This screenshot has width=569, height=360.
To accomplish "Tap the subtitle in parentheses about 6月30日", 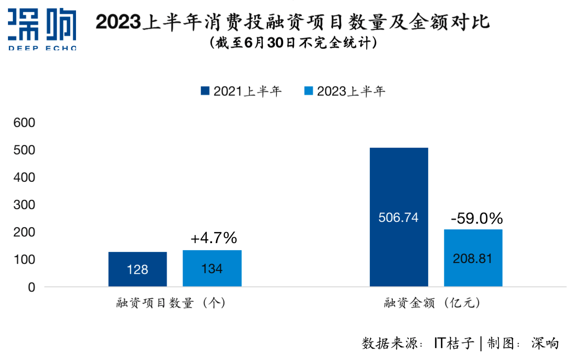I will click(x=293, y=43).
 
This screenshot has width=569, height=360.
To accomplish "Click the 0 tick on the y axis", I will click(x=31, y=287).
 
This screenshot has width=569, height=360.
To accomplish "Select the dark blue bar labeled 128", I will click(x=137, y=269).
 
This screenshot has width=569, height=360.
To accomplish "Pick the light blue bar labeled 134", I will click(x=212, y=268).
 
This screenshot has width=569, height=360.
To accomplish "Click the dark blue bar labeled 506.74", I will click(x=399, y=187).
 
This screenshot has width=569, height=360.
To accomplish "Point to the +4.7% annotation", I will click(x=214, y=239).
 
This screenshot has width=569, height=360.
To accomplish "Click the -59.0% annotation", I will click(x=477, y=219).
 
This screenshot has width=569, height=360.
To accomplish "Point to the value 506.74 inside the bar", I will click(x=398, y=218).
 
